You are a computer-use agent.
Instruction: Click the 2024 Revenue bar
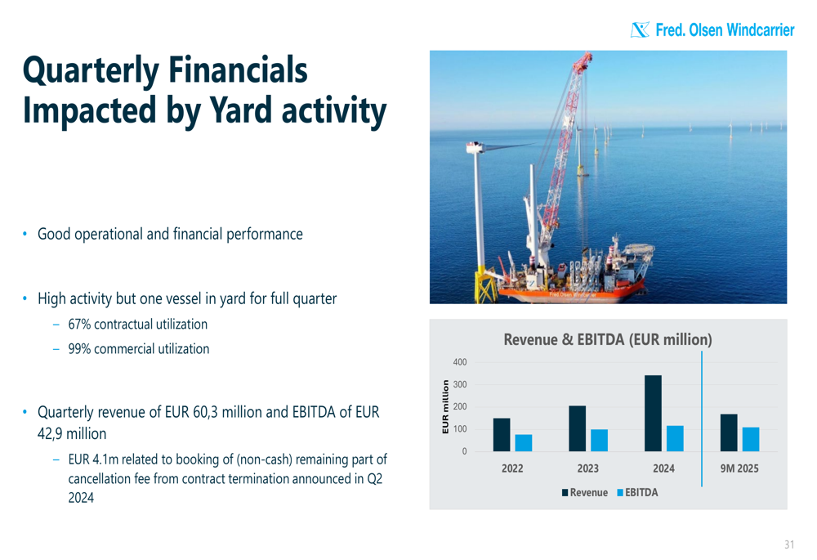653,413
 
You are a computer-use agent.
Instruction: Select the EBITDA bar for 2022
524,442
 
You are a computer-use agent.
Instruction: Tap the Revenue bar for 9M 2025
729,432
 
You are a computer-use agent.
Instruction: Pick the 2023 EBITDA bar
599,441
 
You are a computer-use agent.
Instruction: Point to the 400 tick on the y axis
460,362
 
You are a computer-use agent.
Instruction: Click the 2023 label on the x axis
587,468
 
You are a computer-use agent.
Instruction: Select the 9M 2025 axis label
739,468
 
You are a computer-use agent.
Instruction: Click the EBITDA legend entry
637,492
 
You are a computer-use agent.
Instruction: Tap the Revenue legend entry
585,492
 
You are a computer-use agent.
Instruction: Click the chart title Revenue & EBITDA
608,339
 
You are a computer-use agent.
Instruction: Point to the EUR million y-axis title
445,406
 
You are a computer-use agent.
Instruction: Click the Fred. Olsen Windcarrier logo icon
640,29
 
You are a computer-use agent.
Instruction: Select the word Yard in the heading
240,110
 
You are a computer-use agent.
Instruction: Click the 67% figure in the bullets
79,325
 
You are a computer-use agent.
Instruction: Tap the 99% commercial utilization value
79,349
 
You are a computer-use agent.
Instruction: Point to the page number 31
789,544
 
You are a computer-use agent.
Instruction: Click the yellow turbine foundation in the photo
486,286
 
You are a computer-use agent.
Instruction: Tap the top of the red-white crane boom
588,54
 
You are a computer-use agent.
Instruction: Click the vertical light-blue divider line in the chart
702,419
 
